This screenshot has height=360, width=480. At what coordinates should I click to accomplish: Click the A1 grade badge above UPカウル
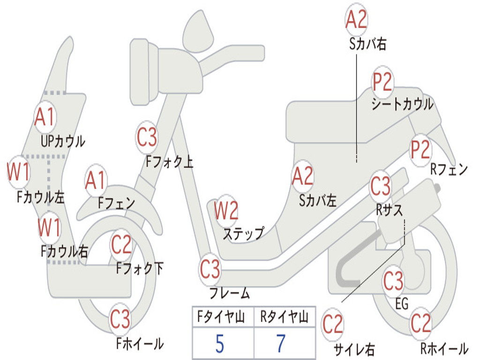point(45,117)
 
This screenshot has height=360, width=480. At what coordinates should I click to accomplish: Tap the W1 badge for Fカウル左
point(18,172)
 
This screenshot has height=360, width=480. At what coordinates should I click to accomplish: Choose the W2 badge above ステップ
point(226,211)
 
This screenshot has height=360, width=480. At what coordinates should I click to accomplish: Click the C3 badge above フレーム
point(210,269)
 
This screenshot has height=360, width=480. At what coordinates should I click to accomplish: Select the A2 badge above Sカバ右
point(356,19)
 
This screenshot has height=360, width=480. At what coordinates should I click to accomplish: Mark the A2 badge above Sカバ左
point(302,176)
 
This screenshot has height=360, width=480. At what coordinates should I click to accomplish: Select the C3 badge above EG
point(393,281)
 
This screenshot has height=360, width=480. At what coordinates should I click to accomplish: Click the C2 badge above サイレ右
point(333,324)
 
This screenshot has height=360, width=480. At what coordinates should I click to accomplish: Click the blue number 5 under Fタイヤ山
point(220,344)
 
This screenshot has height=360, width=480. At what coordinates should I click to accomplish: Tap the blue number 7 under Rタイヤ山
point(281,344)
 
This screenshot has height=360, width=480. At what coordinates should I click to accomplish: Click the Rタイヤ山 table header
point(284,318)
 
